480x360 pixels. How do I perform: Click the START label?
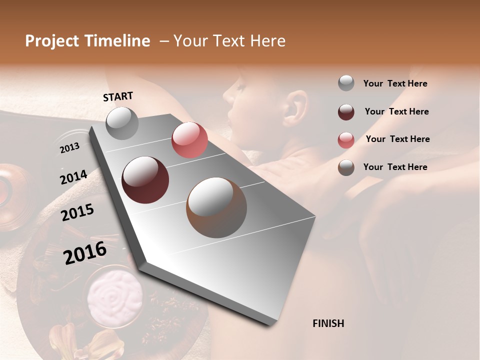pos(118,96)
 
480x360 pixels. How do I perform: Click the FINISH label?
pos(328,323)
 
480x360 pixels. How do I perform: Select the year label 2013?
pos(69,147)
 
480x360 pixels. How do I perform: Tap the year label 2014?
pos(73,177)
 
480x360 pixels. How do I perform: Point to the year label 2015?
pos(77,213)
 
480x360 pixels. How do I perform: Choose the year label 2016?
pos(85,253)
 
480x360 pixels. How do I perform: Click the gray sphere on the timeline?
pos(122,123)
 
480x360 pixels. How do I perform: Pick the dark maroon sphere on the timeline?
pos(145,179)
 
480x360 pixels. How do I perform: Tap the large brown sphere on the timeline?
pos(216,207)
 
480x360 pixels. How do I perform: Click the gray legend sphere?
pos(346,83)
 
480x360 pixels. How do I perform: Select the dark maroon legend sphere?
pos(346,112)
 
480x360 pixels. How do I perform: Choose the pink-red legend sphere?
pos(346,140)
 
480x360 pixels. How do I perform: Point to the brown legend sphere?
pos(346,167)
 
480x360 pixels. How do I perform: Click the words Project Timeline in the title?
pos(87,41)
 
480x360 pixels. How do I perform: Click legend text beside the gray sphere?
pos(395,83)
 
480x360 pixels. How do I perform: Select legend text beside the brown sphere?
pos(395,167)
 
